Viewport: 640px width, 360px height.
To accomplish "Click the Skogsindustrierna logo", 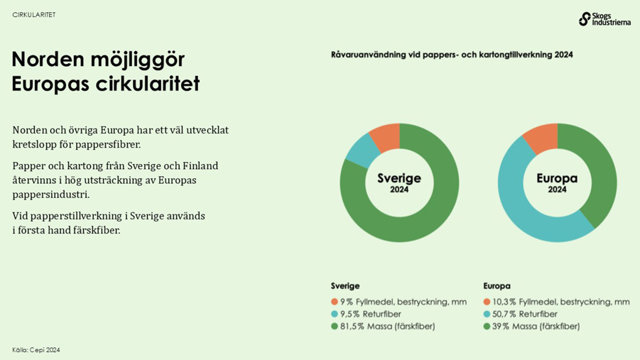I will (x=604, y=18).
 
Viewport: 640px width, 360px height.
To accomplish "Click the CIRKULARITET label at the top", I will (x=34, y=15).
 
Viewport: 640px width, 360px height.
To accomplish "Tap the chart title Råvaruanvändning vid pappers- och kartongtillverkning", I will (x=452, y=55).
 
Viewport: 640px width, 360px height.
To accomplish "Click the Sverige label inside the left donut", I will (x=399, y=178).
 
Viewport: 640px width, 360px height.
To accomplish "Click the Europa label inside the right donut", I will (x=557, y=178).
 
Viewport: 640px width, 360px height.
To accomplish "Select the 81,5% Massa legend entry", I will (x=388, y=327).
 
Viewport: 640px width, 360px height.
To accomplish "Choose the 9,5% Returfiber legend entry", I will (x=370, y=314).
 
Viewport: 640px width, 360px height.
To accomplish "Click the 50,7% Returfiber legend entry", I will (x=524, y=314).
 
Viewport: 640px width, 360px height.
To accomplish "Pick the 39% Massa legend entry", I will (x=536, y=327).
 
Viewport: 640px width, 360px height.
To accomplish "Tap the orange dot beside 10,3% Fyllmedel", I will (x=487, y=302).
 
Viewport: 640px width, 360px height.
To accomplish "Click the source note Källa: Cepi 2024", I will (x=36, y=350).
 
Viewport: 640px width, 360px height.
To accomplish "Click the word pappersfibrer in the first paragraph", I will (x=108, y=145).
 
